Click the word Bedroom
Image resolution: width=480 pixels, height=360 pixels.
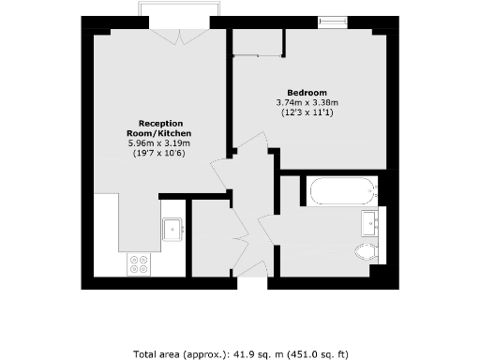coord(307,92)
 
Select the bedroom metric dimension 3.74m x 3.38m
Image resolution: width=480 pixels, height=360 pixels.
coord(307,102)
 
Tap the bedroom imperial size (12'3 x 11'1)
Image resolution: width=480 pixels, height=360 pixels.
coord(307,112)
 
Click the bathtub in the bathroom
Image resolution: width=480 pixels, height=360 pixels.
coord(342,193)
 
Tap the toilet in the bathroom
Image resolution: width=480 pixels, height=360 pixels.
coord(365,251)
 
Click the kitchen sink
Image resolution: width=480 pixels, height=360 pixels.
coord(172,229)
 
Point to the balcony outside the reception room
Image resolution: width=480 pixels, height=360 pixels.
coord(179,9)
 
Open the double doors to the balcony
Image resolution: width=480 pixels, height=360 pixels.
coord(179,36)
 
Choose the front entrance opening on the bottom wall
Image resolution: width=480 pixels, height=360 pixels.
coord(250,280)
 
